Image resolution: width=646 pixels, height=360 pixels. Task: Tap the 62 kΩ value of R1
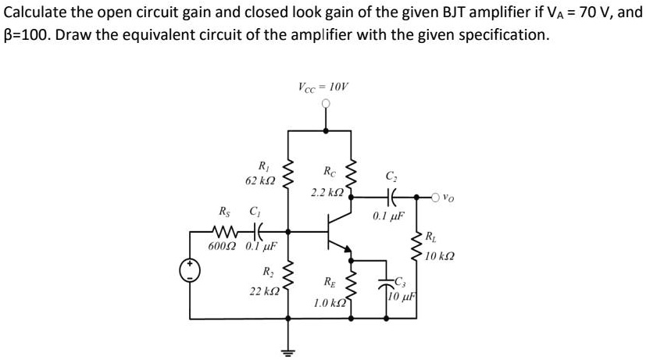point(259,180)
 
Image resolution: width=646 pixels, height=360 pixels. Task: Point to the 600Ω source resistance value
point(224,247)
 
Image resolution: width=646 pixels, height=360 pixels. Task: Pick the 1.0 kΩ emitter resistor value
point(330,301)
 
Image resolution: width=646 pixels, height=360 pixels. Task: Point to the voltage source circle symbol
point(191,271)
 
